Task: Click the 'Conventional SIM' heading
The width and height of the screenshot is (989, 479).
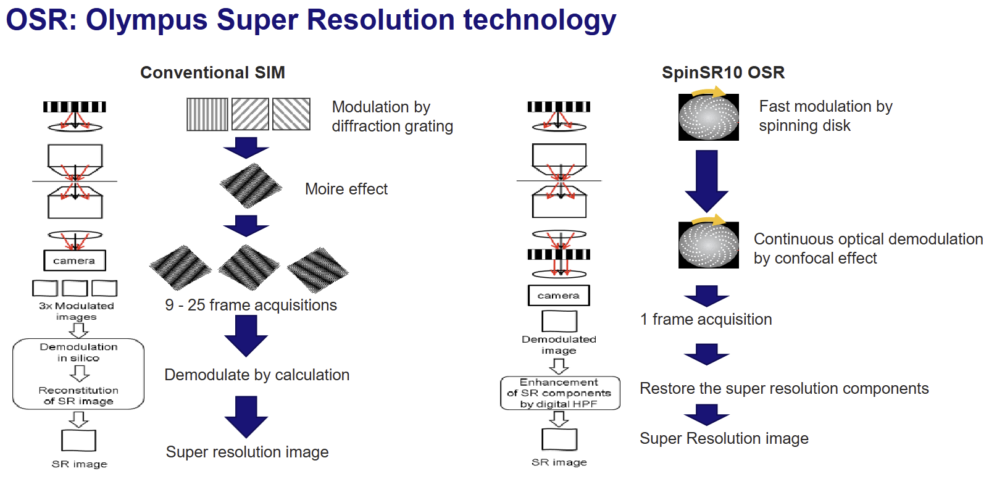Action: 212,72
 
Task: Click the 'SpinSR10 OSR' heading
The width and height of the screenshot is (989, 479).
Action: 723,72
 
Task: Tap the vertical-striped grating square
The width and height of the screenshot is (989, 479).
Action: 207,114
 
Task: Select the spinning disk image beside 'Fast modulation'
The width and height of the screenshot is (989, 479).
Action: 708,117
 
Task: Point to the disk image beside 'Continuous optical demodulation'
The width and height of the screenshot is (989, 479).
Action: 708,245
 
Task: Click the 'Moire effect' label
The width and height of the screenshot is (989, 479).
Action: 346,189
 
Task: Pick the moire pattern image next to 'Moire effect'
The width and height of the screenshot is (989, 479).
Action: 251,186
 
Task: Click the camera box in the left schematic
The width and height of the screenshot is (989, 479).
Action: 75,260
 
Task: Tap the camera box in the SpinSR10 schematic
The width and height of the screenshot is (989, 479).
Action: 559,296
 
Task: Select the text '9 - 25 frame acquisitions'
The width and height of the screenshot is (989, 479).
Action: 251,305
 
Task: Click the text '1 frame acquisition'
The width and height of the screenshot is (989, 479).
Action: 706,319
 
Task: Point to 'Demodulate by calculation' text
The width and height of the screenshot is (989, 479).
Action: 257,375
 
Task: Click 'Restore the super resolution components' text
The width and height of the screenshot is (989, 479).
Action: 784,388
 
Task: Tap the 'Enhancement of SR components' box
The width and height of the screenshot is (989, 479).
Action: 560,393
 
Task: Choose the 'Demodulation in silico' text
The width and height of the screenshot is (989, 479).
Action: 78,352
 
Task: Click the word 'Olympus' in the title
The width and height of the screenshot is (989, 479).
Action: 146,20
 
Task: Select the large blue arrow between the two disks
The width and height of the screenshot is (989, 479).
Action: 706,181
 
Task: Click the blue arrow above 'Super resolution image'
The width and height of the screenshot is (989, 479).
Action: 246,417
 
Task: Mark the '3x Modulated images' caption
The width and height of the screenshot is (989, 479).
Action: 77,311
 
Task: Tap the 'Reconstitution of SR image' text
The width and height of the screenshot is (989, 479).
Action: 78,396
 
